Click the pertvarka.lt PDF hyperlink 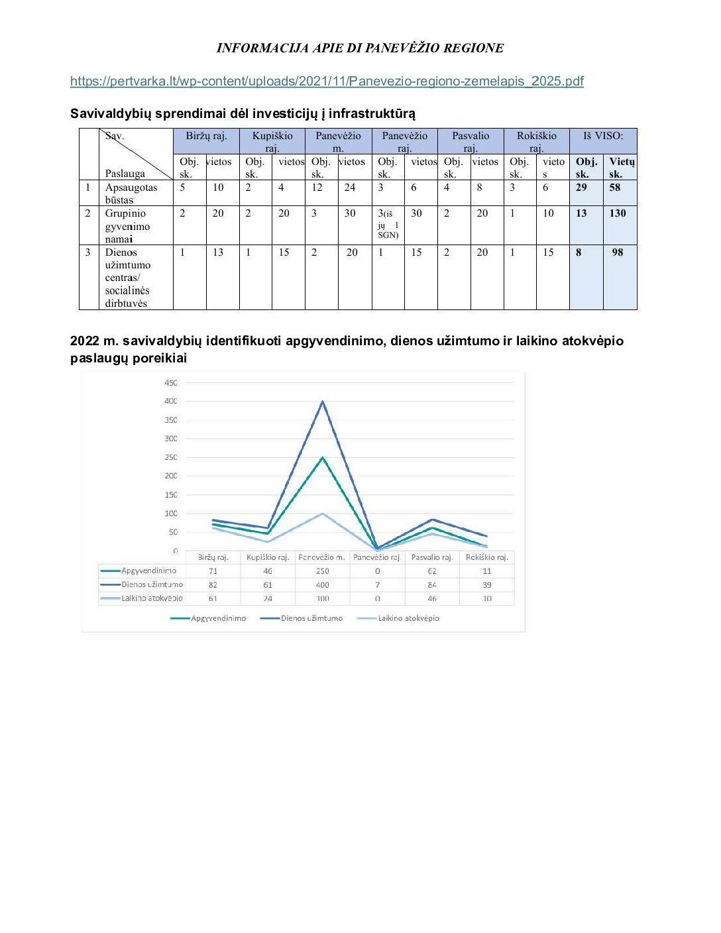point(327,82)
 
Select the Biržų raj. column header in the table point(206,137)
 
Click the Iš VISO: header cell point(603,137)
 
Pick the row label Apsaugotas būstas point(131,193)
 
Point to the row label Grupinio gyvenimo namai point(127,226)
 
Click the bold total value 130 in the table point(618,213)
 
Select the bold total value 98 point(618,252)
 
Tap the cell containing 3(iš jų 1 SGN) point(388,224)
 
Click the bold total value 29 point(581,188)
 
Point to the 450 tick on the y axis point(171,383)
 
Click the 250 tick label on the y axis point(171,457)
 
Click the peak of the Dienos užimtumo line point(323,402)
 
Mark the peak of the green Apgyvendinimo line point(323,457)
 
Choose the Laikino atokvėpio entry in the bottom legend point(408,618)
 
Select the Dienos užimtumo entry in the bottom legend point(311,618)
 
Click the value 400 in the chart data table point(323,585)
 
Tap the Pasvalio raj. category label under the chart point(432,557)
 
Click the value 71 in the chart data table point(213,571)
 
